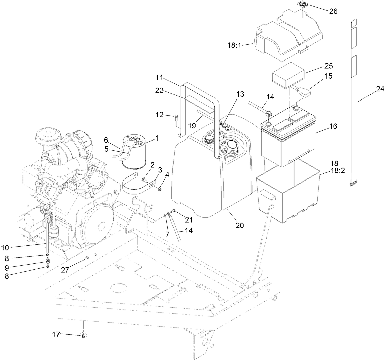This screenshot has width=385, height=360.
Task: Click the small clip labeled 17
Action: click(x=83, y=335)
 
